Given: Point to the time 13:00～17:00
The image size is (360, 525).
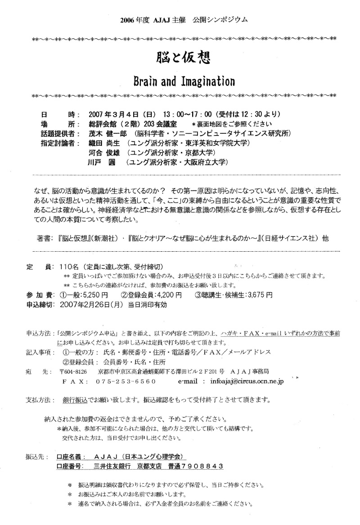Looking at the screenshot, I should (173, 113).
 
